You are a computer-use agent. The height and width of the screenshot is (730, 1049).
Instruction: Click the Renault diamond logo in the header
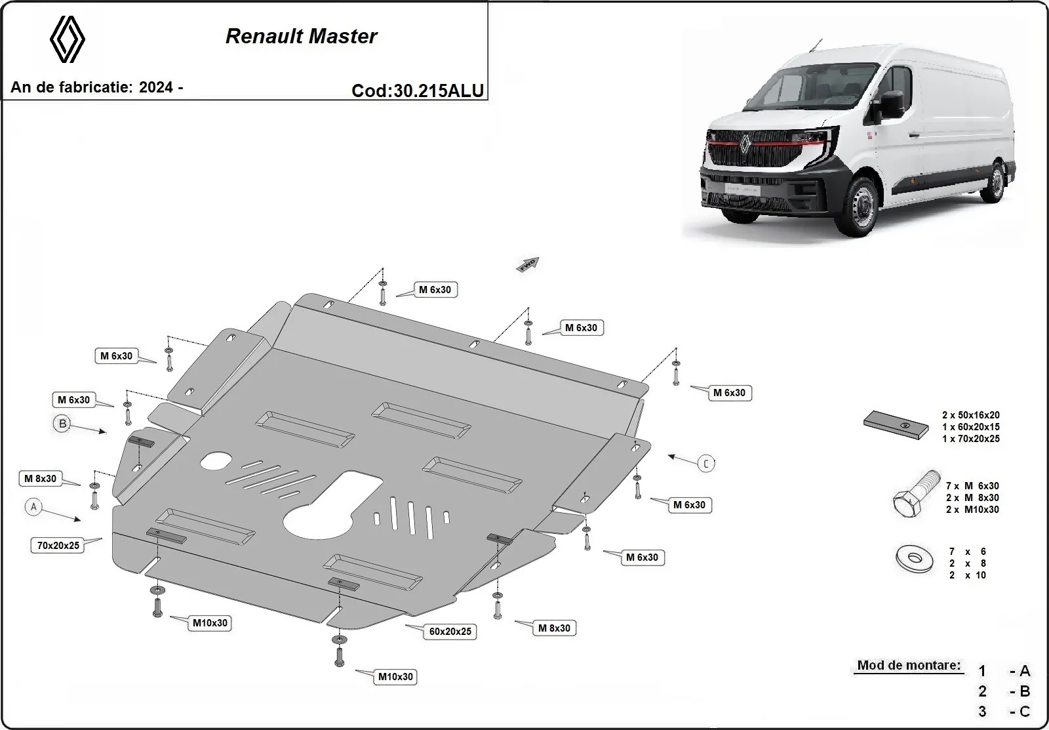pyautogui.click(x=68, y=39)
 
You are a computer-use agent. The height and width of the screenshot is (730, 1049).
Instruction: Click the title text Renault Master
pyautogui.click(x=301, y=36)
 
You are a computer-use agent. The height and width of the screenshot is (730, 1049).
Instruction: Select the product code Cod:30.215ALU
pyautogui.click(x=418, y=91)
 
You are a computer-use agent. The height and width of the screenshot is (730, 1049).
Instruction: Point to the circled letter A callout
pyautogui.click(x=33, y=506)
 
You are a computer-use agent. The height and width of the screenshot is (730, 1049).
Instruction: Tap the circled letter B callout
pyautogui.click(x=63, y=424)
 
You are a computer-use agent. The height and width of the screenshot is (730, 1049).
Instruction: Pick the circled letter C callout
pyautogui.click(x=706, y=464)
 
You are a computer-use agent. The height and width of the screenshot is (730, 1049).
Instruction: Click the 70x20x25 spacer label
pyautogui.click(x=58, y=545)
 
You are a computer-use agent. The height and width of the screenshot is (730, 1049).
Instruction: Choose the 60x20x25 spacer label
pyautogui.click(x=450, y=632)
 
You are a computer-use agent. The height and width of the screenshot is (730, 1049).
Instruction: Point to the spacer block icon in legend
pyautogui.click(x=896, y=424)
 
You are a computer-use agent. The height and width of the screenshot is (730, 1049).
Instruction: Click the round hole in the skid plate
pyautogui.click(x=216, y=461)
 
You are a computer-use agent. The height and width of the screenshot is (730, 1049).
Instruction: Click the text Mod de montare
pyautogui.click(x=909, y=665)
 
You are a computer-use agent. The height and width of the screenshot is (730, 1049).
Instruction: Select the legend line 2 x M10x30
pyautogui.click(x=972, y=510)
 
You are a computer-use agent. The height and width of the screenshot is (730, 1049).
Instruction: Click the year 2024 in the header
pyautogui.click(x=156, y=88)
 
